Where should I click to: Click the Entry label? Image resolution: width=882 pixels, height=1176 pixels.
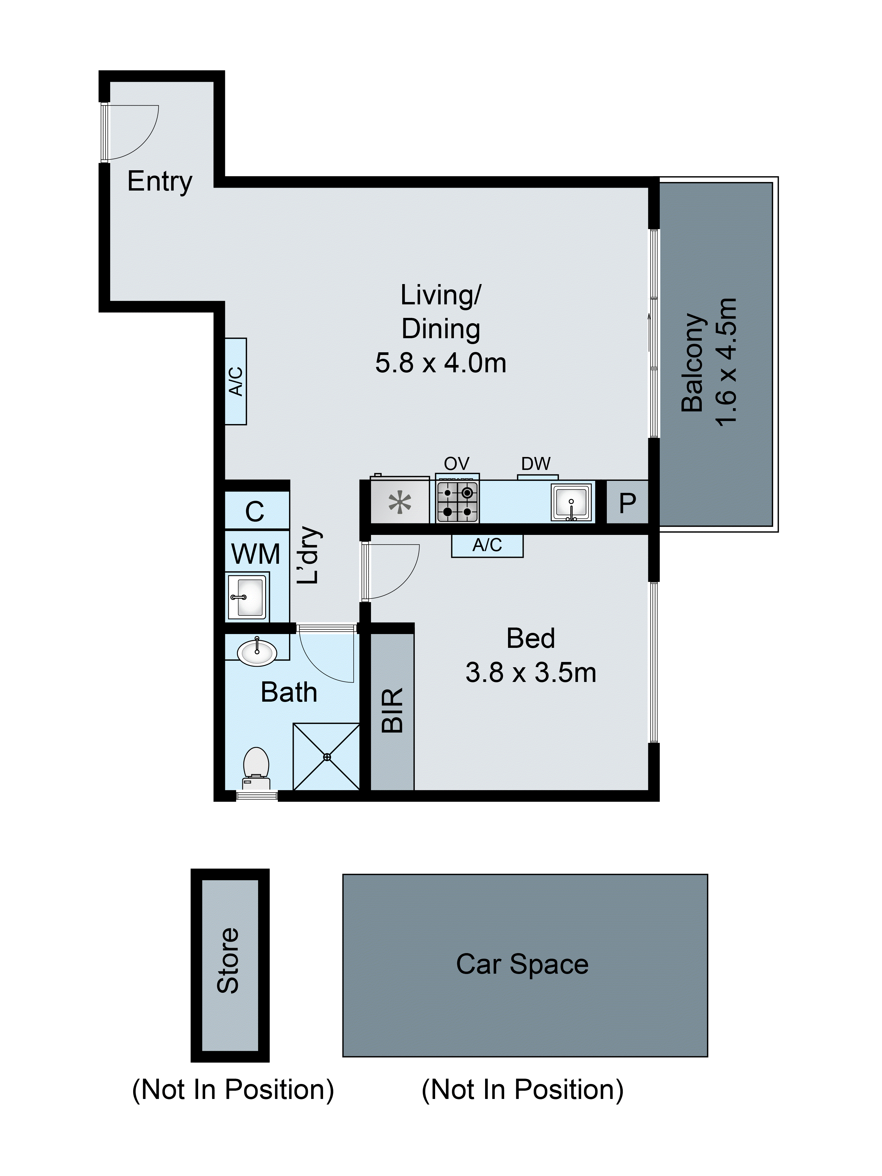(159, 182)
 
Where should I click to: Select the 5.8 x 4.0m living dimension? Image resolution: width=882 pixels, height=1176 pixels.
(440, 364)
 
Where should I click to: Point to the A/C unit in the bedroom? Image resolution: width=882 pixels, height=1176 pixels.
(487, 546)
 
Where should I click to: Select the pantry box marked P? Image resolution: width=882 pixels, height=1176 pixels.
(627, 502)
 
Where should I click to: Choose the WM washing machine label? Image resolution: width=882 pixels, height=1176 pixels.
(256, 554)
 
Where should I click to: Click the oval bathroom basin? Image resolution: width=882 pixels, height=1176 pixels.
(257, 652)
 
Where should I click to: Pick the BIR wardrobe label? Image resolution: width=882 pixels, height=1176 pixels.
(393, 710)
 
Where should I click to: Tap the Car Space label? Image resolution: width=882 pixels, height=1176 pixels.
(522, 964)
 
